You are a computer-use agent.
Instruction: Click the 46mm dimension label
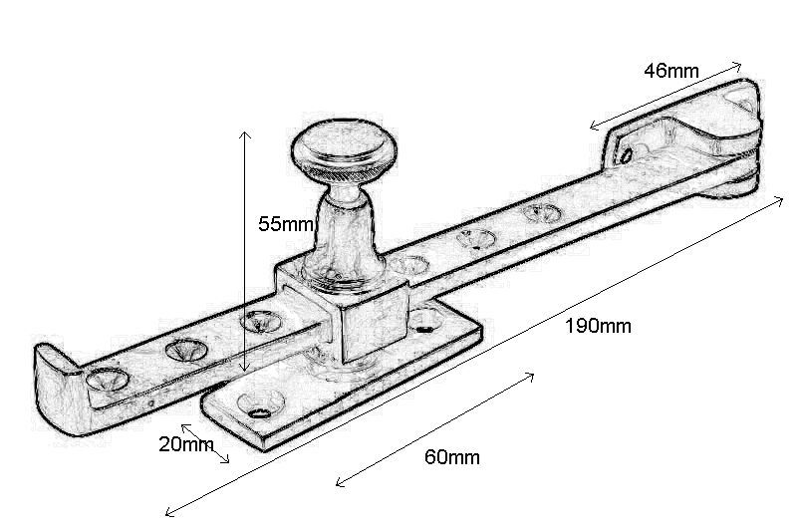tap(670, 71)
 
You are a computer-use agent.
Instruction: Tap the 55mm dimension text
tap(286, 224)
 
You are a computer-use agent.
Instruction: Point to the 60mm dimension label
tap(451, 457)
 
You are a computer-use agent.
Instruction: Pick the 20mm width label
tap(185, 444)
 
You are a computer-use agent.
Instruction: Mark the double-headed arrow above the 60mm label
tap(435, 429)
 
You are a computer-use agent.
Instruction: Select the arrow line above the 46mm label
tap(665, 96)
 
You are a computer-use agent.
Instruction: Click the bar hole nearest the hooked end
tap(104, 378)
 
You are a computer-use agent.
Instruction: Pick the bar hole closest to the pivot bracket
tap(541, 212)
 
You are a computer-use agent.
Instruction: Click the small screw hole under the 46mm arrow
tap(626, 154)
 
